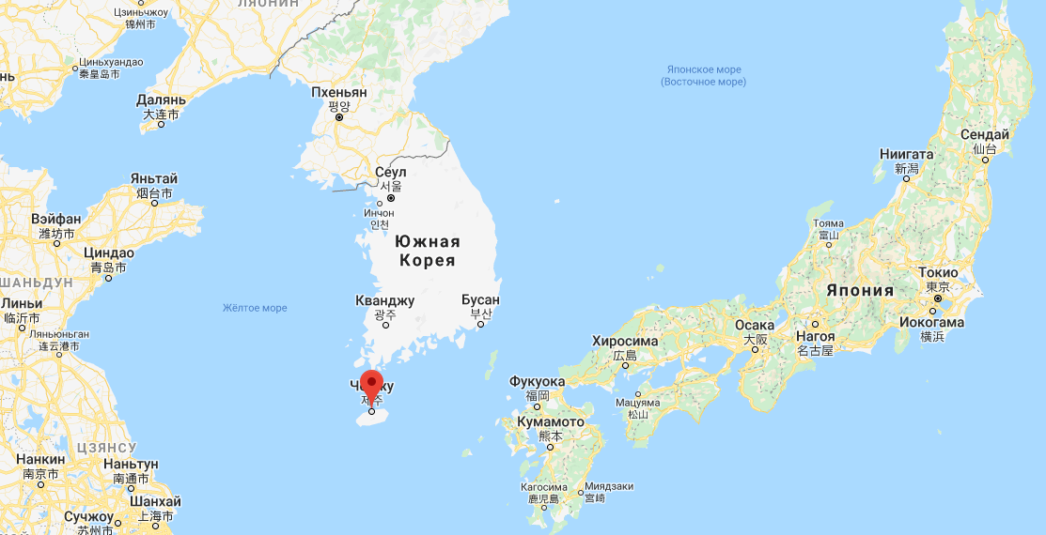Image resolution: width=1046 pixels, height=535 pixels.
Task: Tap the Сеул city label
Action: click(x=390, y=173)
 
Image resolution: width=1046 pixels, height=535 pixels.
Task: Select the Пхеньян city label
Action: click(x=339, y=93)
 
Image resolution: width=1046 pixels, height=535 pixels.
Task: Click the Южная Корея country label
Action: click(x=428, y=251)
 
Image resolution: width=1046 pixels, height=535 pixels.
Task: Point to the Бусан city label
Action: click(x=480, y=300)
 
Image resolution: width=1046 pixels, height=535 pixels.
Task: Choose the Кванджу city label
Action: click(x=384, y=301)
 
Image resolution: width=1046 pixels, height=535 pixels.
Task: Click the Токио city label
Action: click(x=938, y=273)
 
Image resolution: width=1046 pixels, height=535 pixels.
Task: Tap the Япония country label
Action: click(x=860, y=290)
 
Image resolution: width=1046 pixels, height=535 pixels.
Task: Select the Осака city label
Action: click(x=754, y=326)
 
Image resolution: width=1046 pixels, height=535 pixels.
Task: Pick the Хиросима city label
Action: click(x=625, y=342)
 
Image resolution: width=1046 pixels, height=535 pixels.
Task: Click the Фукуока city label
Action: click(x=537, y=382)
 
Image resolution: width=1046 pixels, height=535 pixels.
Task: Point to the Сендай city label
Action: click(x=984, y=135)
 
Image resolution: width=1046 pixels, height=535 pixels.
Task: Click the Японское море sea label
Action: click(x=704, y=69)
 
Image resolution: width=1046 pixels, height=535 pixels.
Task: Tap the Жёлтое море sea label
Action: click(x=255, y=308)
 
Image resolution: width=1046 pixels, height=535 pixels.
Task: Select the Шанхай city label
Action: click(x=154, y=500)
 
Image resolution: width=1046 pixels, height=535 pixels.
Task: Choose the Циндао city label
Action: click(x=108, y=253)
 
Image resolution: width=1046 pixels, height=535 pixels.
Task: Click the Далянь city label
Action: click(x=161, y=99)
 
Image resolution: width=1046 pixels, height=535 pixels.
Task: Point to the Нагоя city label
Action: click(x=814, y=336)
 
